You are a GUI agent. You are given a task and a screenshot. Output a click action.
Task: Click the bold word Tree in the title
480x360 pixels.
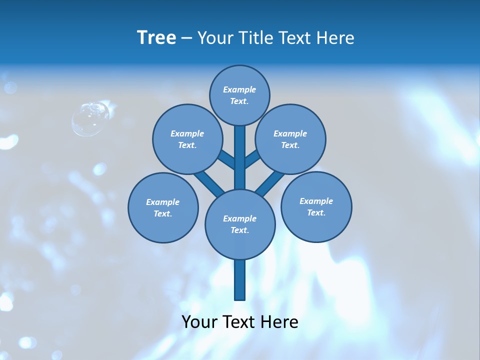click(156, 37)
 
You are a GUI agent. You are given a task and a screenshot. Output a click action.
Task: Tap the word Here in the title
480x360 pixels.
click(335, 37)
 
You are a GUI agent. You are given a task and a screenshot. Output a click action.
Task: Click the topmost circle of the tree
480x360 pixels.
click(239, 95)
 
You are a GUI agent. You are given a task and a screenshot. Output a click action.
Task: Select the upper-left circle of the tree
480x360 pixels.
click(187, 139)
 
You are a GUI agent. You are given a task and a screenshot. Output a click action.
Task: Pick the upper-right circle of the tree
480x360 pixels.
click(290, 139)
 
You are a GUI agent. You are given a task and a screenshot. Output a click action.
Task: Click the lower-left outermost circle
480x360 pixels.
click(163, 207)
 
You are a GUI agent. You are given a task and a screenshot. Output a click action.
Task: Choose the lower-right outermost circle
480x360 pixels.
click(316, 206)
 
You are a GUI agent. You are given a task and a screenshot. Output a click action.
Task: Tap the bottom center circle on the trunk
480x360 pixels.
click(240, 224)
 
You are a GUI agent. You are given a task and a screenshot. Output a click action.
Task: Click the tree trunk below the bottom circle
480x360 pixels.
click(240, 280)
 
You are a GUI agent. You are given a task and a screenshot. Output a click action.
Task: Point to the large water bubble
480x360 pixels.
click(90, 118)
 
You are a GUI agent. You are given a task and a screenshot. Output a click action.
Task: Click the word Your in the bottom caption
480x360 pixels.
click(200, 322)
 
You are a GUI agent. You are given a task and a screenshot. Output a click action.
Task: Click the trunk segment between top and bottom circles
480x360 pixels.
click(240, 157)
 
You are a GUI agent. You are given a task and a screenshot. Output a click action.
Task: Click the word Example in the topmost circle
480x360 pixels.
click(239, 89)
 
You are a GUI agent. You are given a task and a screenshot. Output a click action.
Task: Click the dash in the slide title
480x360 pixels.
click(186, 38)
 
